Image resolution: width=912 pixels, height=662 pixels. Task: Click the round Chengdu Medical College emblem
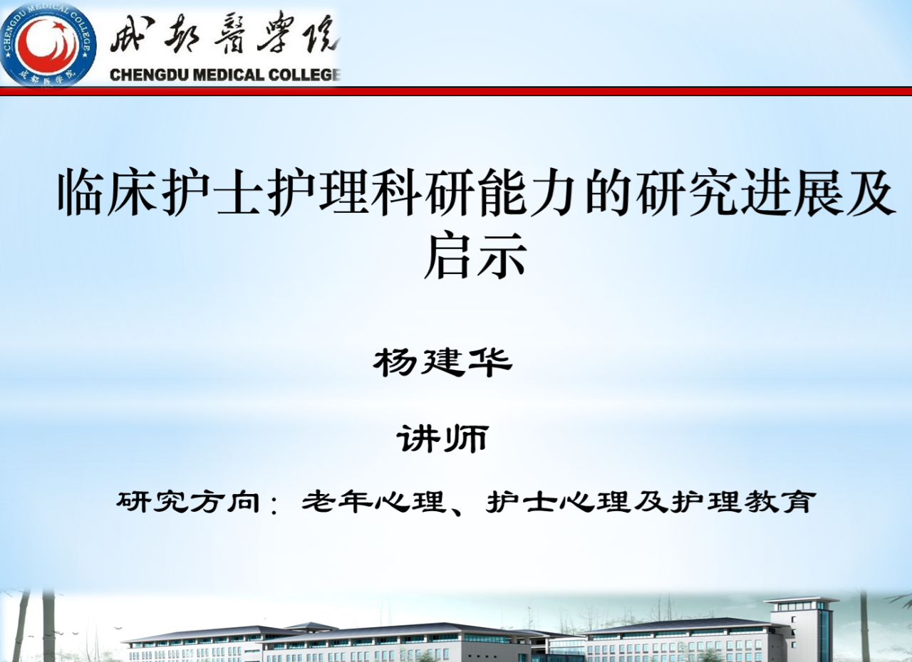(48, 44)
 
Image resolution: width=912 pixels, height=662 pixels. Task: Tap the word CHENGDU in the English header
(147, 75)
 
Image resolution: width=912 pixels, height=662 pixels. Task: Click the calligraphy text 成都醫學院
(224, 36)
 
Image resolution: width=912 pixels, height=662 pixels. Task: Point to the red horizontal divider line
(456, 91)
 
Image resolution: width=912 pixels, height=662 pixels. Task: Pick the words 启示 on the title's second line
(475, 256)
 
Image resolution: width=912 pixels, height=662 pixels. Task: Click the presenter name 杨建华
(442, 362)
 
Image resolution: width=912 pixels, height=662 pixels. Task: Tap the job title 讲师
(443, 438)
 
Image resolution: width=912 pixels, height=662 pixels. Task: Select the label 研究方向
(188, 502)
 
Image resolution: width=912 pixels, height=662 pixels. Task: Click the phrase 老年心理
(373, 502)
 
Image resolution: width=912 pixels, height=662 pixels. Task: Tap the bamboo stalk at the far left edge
(19, 626)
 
